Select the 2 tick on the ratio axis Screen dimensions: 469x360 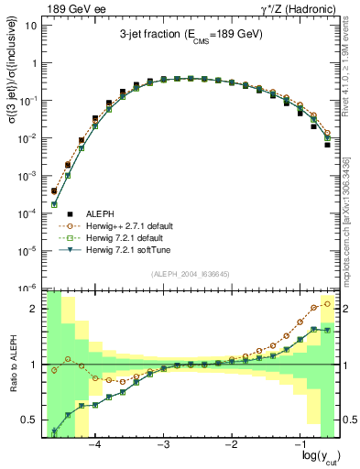[35, 309]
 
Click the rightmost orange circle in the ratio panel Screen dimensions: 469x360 [328, 303]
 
